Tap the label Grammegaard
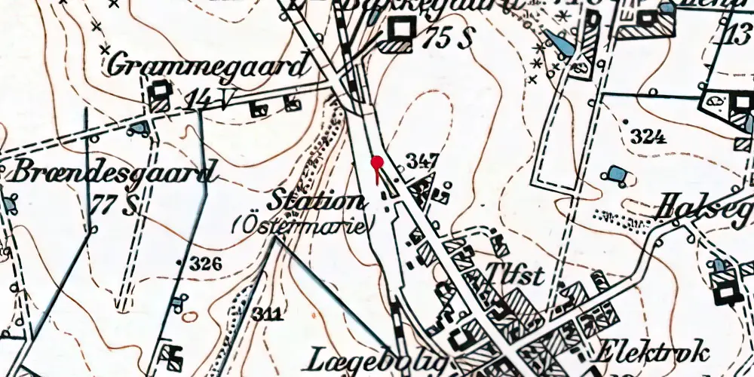(209, 66)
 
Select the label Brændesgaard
(112, 173)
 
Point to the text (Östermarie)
(304, 225)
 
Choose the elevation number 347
(422, 161)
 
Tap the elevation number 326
(206, 263)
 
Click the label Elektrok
(653, 351)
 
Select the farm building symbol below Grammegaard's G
(159, 93)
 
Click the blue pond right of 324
(616, 176)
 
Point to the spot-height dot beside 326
(179, 262)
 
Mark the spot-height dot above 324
(627, 121)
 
